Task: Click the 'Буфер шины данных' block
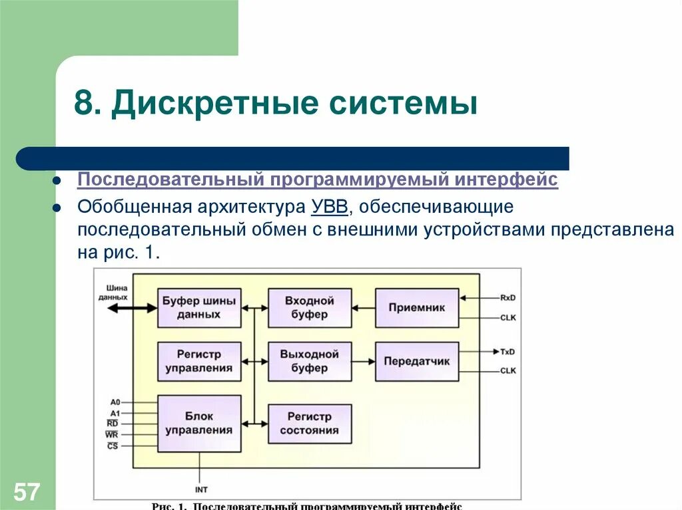[x=199, y=308]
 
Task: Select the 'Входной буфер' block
[x=310, y=308]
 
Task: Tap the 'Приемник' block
[x=417, y=308]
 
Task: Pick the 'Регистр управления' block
[x=199, y=361]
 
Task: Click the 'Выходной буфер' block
[x=310, y=361]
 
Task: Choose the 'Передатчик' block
[x=417, y=361]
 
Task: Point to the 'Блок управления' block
[x=199, y=423]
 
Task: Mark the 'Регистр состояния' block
[x=310, y=424]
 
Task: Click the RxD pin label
[x=508, y=297]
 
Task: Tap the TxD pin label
[x=508, y=351]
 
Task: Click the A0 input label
[x=115, y=402]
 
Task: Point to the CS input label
[x=113, y=446]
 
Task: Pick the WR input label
[x=112, y=435]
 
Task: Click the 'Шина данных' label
[x=112, y=293]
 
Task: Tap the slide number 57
[x=27, y=493]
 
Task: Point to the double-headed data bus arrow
[x=132, y=309]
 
